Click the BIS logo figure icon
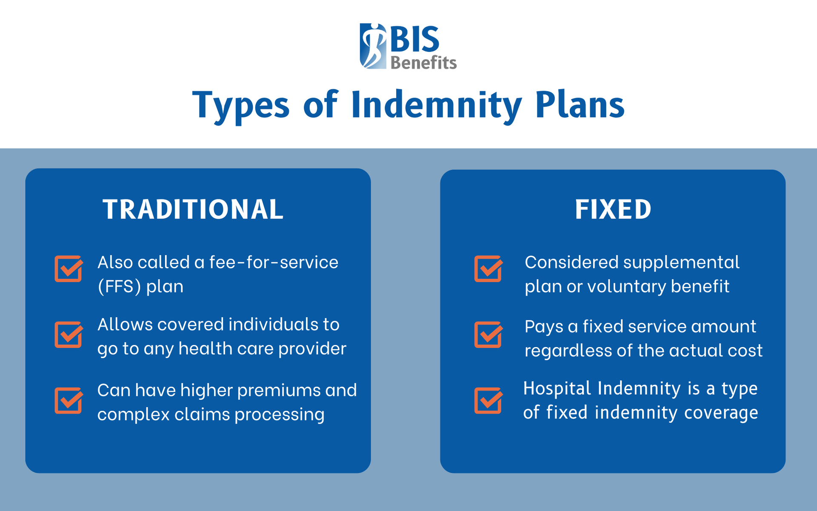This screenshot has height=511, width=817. tap(373, 46)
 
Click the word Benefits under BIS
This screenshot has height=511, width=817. tap(423, 63)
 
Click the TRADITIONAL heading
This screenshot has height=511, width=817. tap(193, 210)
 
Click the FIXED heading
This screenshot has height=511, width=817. tap(613, 210)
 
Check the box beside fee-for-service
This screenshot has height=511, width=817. tap(69, 269)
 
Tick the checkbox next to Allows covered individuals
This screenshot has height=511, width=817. tap(69, 334)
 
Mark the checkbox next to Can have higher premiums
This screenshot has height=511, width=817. tap(69, 400)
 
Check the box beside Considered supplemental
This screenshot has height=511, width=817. tap(488, 269)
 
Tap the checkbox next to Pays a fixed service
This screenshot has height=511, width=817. tap(488, 334)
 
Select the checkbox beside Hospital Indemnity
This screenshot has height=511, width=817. tap(488, 400)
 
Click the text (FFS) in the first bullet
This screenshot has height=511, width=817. tap(119, 287)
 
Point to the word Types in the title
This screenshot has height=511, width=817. tap(241, 106)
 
